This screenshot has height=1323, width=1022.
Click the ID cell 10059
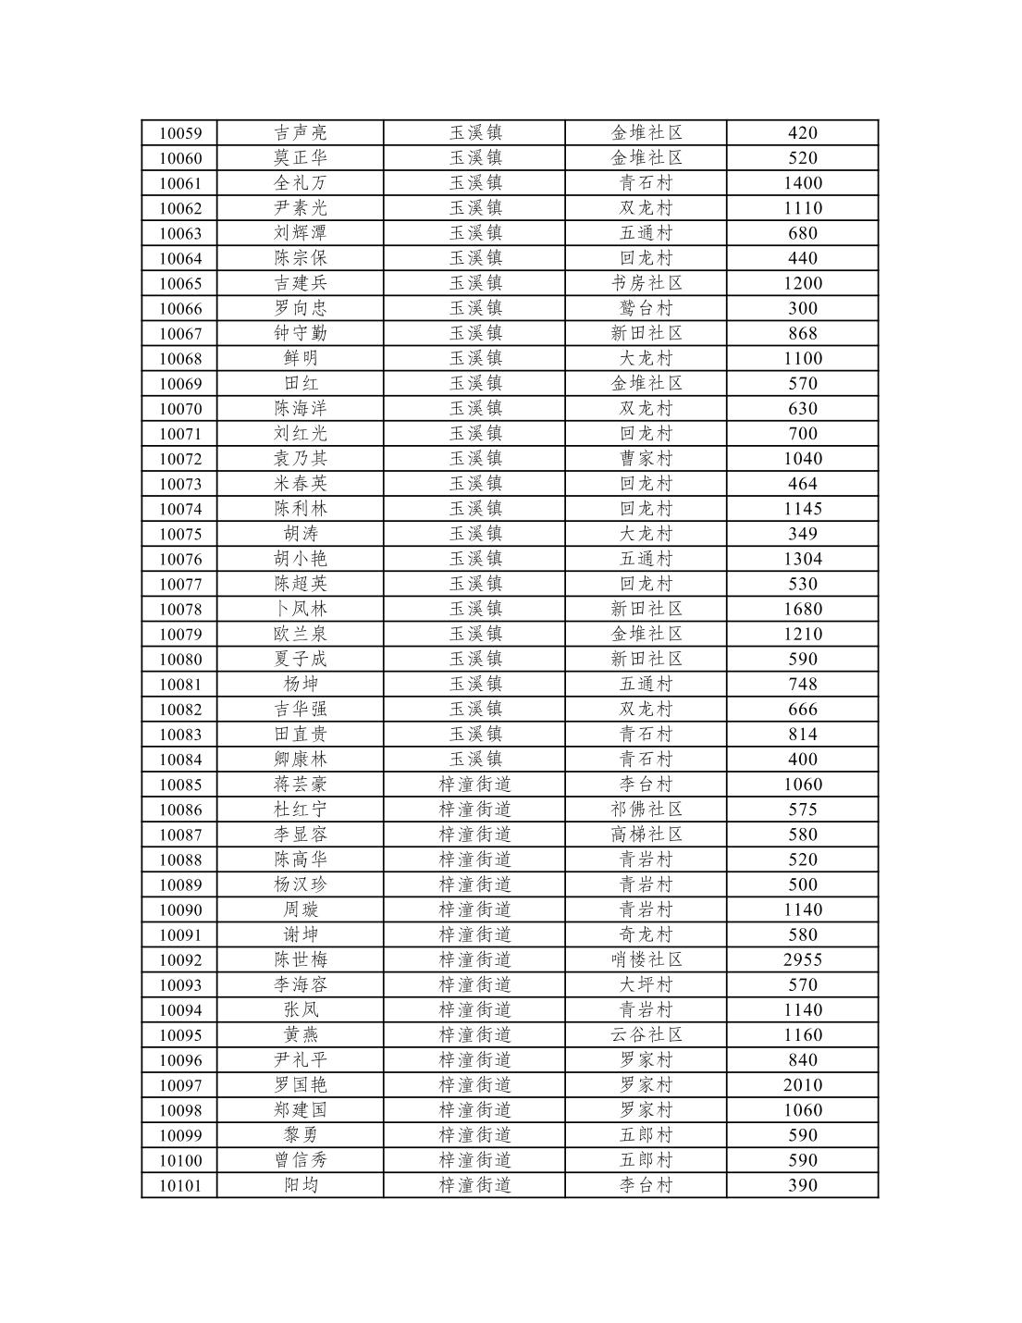pos(180,133)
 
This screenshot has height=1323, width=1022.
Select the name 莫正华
pos(300,158)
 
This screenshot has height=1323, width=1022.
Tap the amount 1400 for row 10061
pos(802,183)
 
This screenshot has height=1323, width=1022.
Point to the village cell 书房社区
pos(646,283)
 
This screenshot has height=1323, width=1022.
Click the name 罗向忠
pos(300,308)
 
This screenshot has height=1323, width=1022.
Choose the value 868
pos(802,333)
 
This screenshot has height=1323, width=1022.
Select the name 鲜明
pos(300,358)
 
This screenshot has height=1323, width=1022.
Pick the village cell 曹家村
pos(646,458)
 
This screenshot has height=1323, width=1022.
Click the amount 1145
pos(802,508)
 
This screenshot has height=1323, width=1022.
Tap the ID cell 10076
pos(180,559)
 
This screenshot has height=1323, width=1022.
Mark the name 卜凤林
pos(300,609)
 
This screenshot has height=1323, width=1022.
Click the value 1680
pos(802,609)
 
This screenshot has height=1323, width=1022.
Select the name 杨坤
pos(300,684)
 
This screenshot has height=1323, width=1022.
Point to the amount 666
pos(802,709)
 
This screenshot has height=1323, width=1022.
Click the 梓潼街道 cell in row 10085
pos(474,784)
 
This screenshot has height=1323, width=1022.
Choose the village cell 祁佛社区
pos(646,809)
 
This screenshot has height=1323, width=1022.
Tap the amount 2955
pos(802,959)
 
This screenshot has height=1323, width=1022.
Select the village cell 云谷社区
pos(646,1034)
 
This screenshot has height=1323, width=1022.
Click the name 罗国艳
pos(300,1084)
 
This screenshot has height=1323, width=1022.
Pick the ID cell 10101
pos(180,1185)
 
